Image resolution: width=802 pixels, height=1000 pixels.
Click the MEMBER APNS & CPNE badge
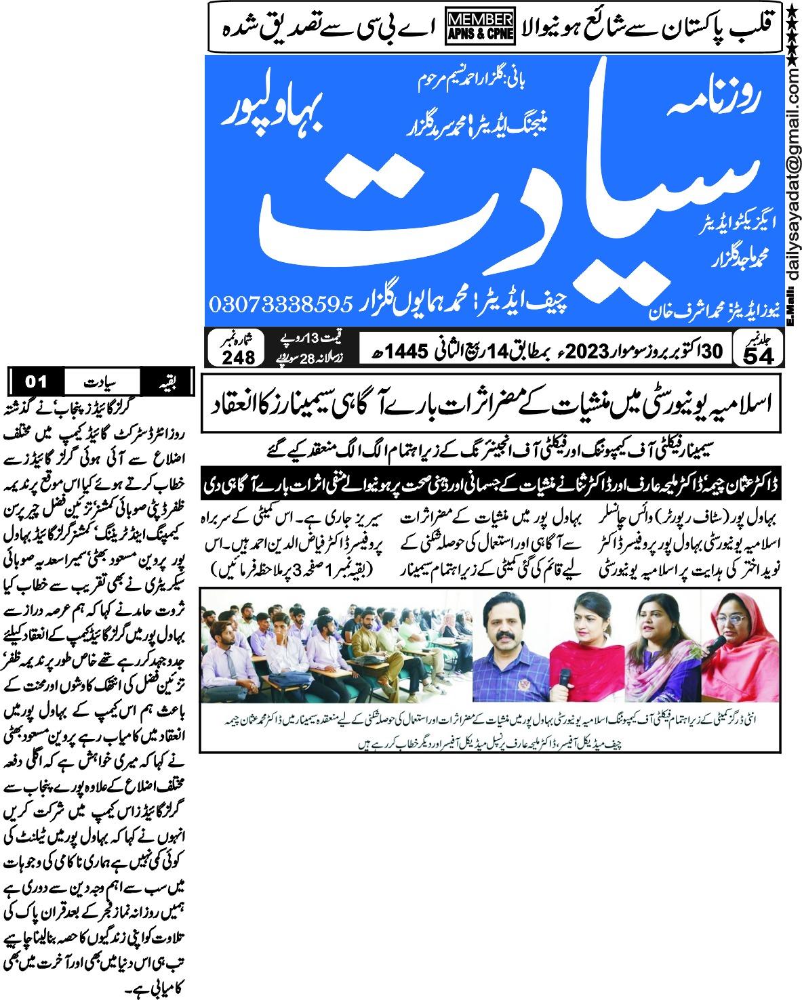[480, 28]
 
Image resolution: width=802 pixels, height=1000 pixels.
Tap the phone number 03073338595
[281, 304]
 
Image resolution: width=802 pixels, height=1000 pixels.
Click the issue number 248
[238, 357]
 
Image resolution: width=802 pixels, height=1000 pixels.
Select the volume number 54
[759, 356]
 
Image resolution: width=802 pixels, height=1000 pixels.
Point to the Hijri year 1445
[407, 352]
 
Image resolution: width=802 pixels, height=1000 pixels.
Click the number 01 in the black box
[36, 382]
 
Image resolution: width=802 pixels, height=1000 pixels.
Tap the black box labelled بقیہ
[167, 382]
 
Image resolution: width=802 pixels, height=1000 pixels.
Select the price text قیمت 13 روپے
[312, 337]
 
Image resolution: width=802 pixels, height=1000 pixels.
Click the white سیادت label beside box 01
[101, 382]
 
